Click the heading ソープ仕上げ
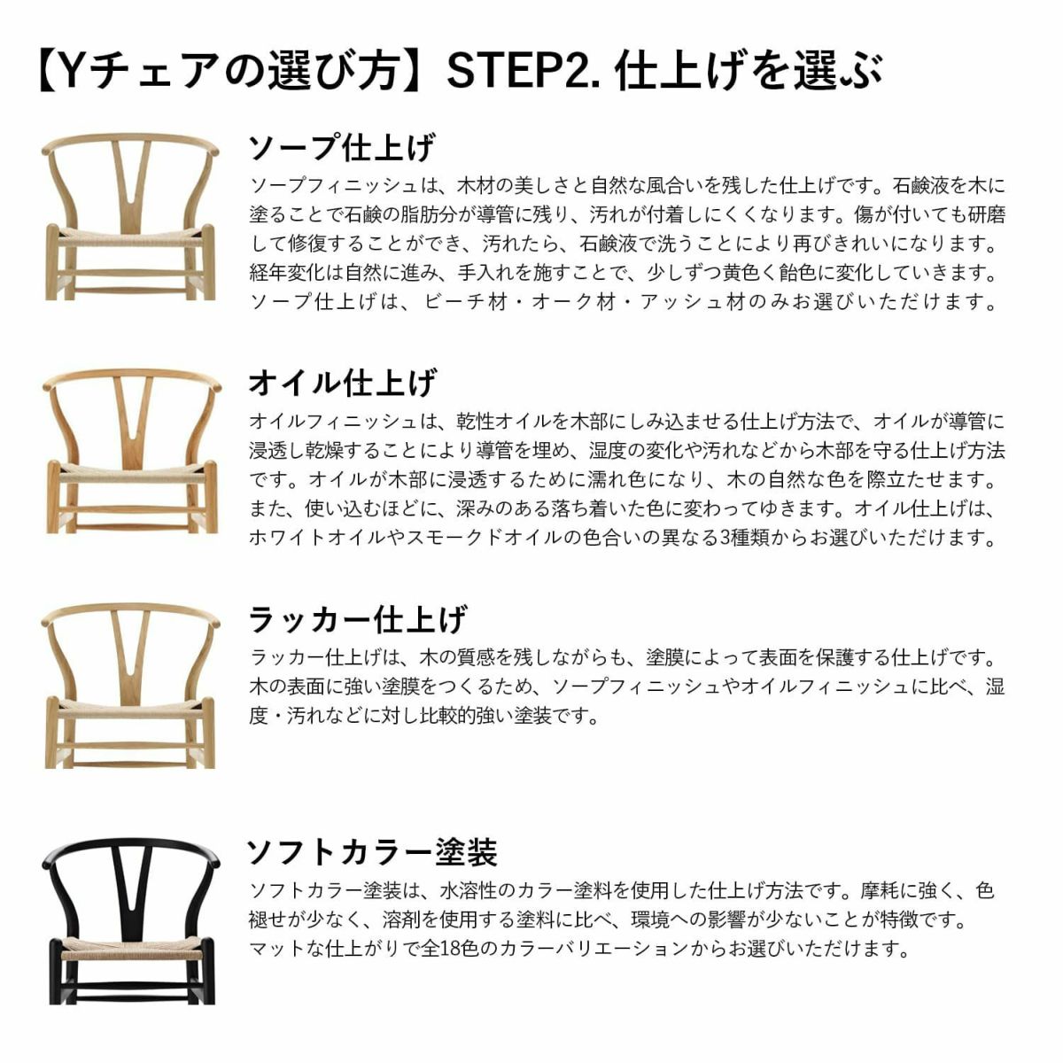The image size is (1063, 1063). pos(341,147)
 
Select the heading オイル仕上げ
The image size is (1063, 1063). pos(341,383)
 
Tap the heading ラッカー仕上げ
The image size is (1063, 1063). pos(357,618)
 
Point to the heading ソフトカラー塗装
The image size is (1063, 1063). pos(371,852)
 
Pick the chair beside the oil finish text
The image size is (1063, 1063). pos(131,452)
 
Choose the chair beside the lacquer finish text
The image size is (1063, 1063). pos(131,687)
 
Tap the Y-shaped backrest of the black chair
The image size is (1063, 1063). pos(131,881)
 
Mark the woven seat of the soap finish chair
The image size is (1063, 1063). pos(131,239)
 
